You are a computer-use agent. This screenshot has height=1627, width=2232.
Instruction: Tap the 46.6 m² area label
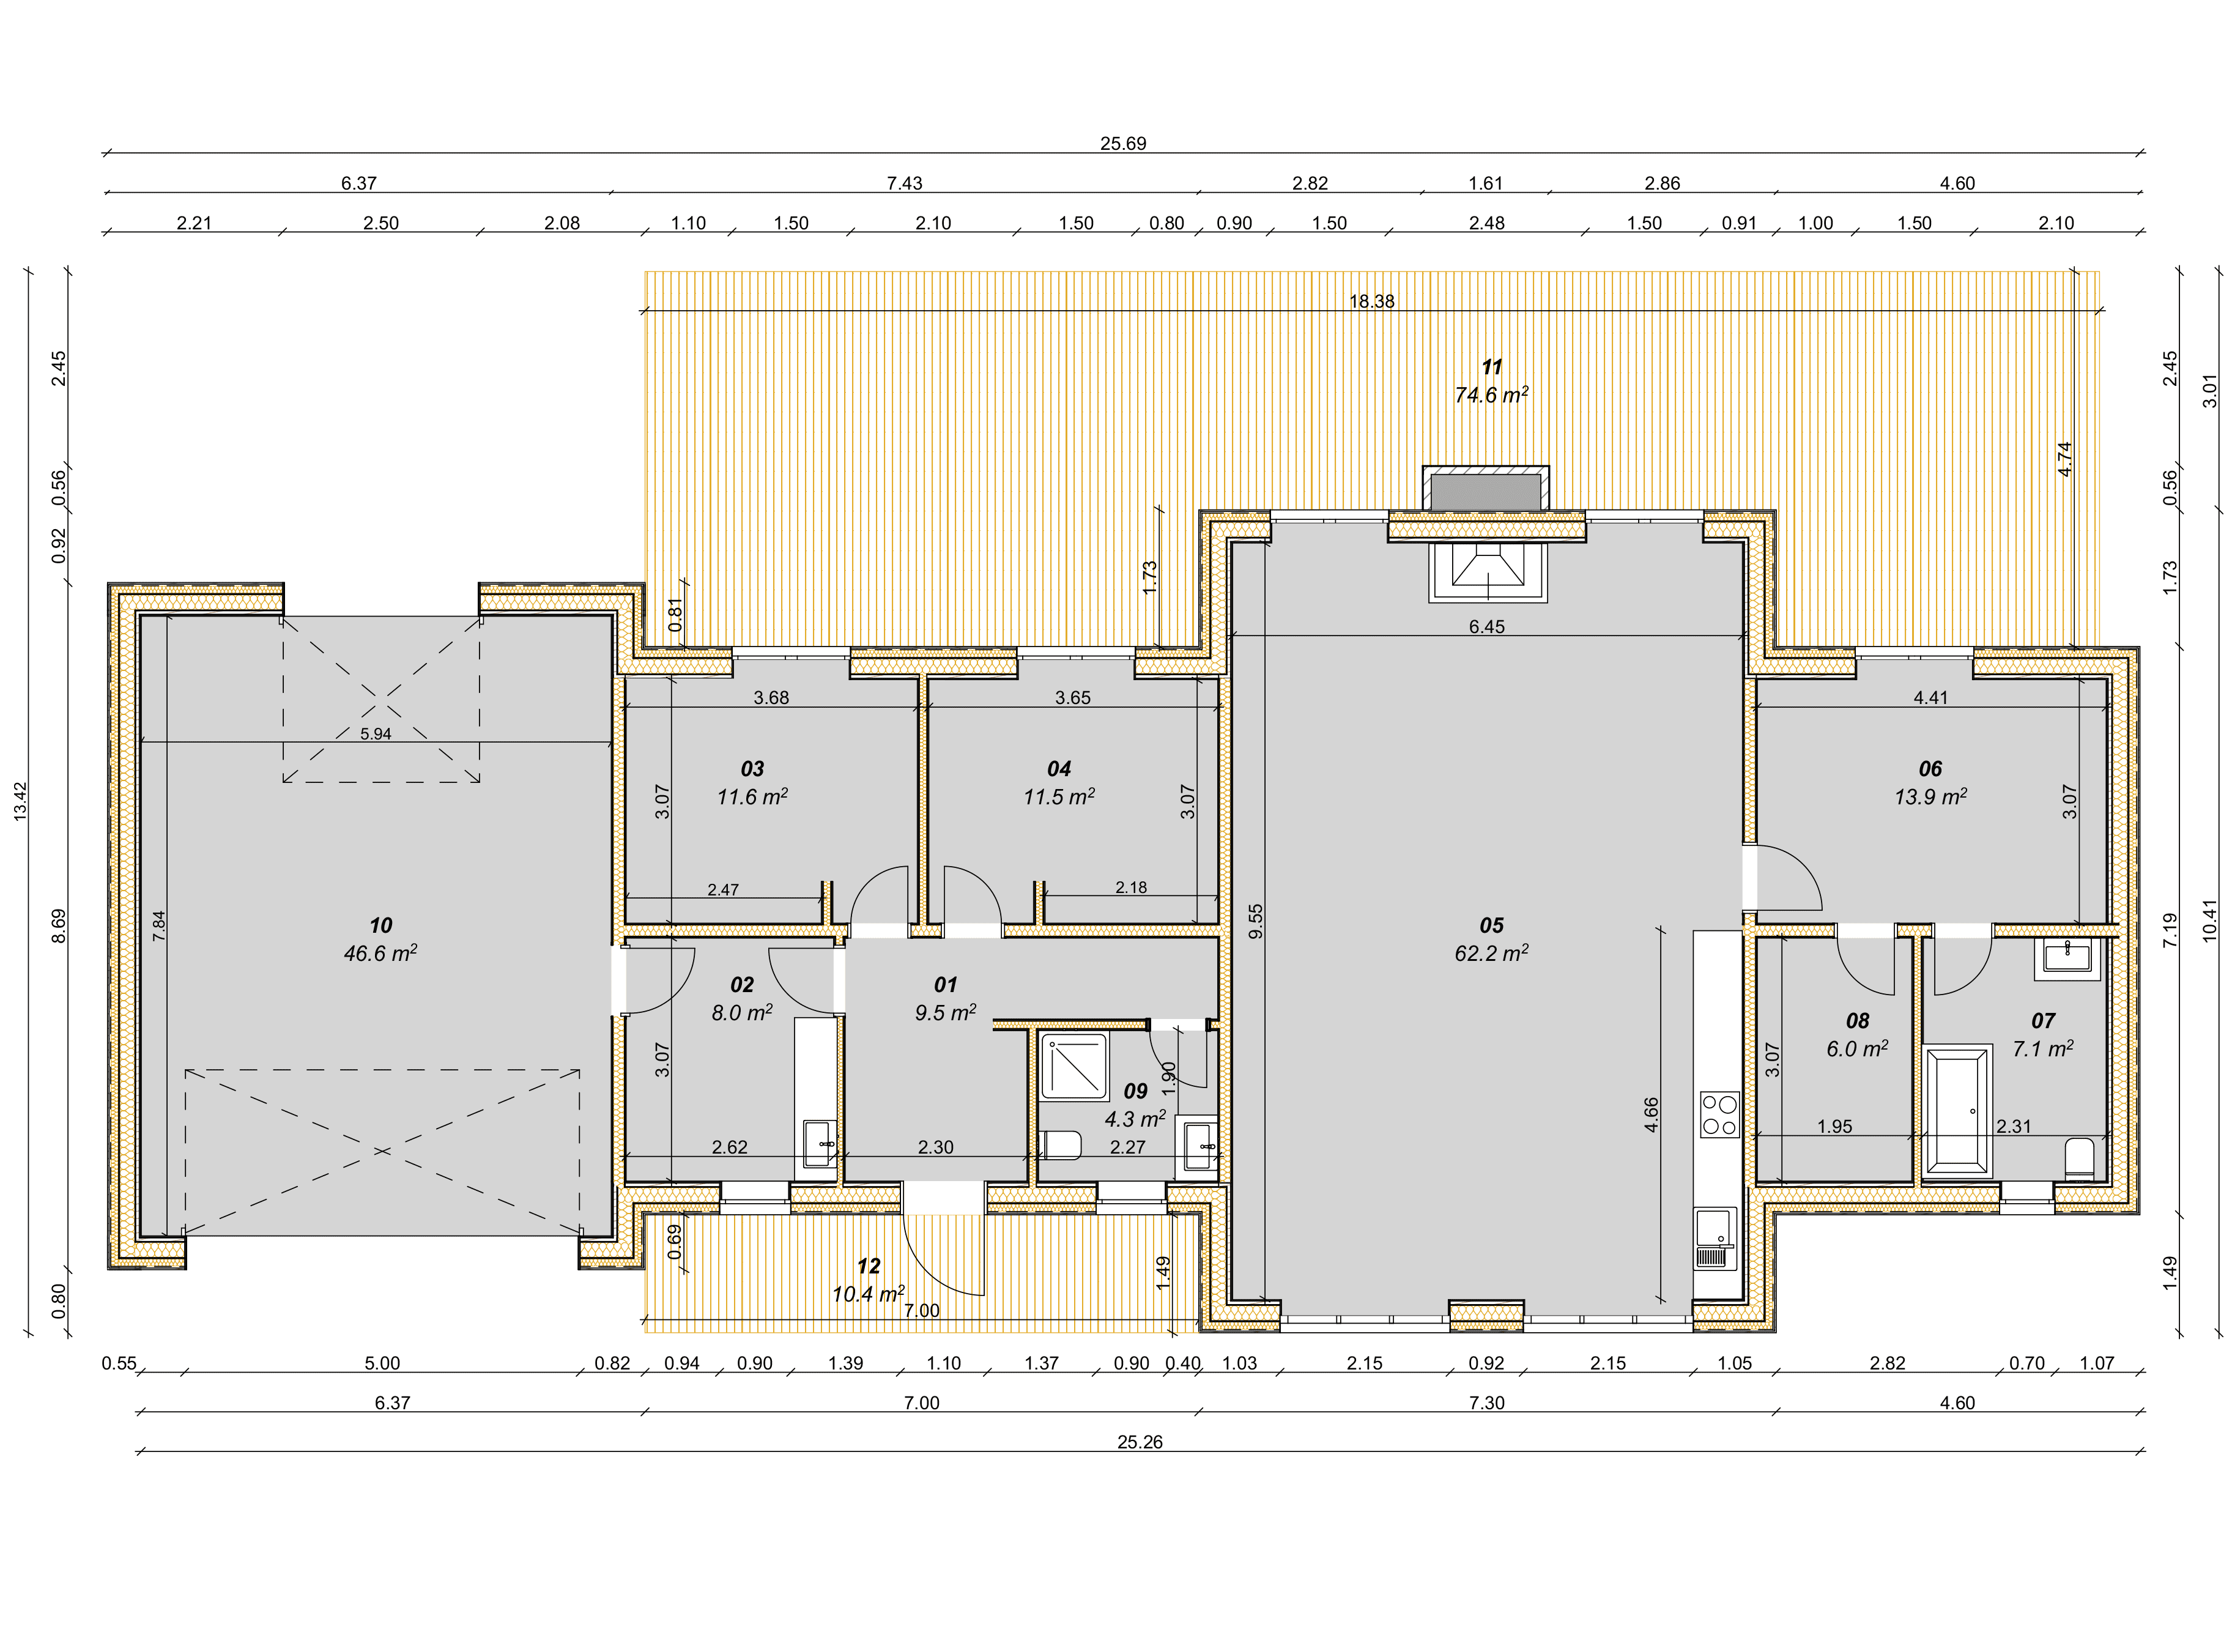click(380, 954)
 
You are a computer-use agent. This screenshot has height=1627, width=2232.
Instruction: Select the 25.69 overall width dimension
click(1123, 144)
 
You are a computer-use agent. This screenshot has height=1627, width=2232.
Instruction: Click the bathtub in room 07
click(1957, 1112)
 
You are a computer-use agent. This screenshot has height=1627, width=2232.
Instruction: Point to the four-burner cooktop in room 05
click(1719, 1115)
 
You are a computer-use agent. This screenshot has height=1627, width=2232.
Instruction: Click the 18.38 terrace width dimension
click(1371, 302)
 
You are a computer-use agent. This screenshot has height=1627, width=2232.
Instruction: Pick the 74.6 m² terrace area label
click(1491, 395)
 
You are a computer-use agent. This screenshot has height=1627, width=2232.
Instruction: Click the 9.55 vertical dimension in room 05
click(1255, 921)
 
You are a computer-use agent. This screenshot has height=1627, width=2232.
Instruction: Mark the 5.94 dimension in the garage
click(376, 734)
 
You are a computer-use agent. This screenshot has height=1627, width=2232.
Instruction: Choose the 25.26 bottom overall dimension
click(1140, 1442)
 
